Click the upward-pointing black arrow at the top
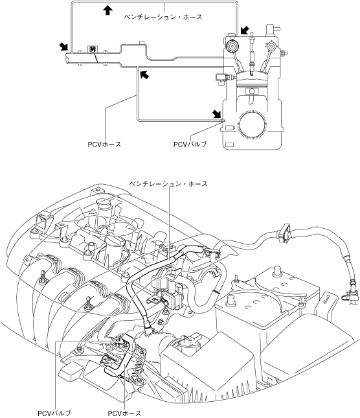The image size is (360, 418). tap(107, 10)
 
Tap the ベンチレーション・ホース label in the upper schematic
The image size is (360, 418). tap(163, 17)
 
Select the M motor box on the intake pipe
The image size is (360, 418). tap(93, 49)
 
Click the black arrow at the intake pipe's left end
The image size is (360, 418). tap(64, 46)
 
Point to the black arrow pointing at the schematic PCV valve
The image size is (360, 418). tap(217, 113)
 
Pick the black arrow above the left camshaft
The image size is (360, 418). tap(245, 30)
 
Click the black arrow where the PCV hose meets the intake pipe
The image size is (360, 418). tap(144, 75)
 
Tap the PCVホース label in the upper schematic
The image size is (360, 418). tap(104, 145)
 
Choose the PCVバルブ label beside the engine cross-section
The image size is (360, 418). tap(190, 145)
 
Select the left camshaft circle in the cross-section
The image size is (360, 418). tap(232, 47)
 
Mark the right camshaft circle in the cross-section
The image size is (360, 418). tap(271, 46)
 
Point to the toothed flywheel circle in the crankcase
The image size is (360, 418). tap(252, 124)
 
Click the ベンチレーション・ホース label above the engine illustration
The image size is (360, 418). tap(168, 184)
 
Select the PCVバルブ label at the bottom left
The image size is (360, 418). tap(54, 413)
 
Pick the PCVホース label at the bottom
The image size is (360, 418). tap(124, 413)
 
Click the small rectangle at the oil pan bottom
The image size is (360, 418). tap(229, 145)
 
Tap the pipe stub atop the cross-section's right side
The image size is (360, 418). tap(271, 30)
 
